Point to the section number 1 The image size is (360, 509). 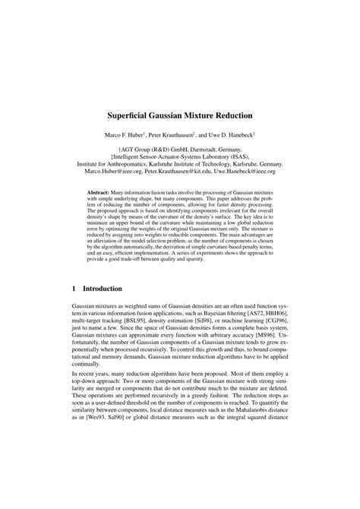coord(72,310)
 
